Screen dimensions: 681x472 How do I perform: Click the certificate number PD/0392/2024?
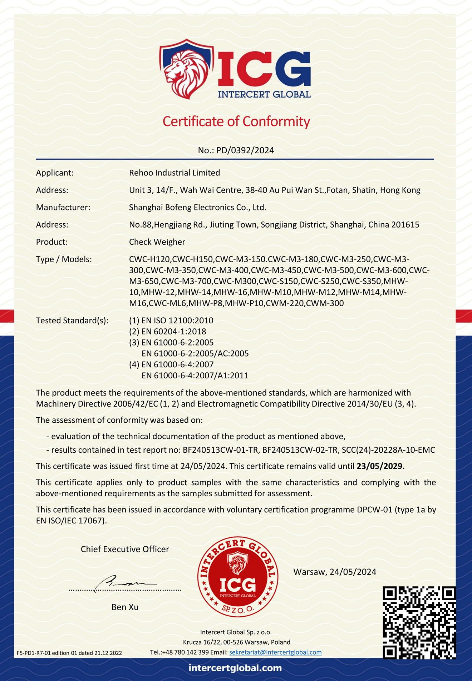coord(245,150)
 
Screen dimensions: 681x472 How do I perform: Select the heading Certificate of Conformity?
coord(236,121)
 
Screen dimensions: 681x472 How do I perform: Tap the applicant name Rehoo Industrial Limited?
coord(174,173)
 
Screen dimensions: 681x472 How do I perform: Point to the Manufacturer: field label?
coord(63,208)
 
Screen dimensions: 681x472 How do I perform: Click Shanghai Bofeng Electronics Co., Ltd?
coord(197,208)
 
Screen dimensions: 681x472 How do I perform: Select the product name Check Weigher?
coord(157,242)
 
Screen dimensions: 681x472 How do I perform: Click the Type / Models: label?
coord(64,259)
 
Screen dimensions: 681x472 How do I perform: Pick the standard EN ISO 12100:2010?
coord(177,320)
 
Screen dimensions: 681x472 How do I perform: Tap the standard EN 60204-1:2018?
coord(173,332)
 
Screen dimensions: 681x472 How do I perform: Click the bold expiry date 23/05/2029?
coord(380,466)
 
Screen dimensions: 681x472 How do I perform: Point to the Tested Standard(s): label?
coord(72,320)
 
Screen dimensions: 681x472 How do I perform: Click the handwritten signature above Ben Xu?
coord(122,583)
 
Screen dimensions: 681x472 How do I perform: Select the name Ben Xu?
coord(125,607)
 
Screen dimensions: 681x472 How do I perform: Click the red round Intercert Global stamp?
coord(238,576)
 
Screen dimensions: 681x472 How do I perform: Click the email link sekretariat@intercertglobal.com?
coord(275,652)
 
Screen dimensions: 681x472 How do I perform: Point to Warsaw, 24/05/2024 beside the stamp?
coord(335,572)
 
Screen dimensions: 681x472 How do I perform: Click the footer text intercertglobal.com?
coord(235,668)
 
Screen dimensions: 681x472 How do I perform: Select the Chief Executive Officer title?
coord(125,549)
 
